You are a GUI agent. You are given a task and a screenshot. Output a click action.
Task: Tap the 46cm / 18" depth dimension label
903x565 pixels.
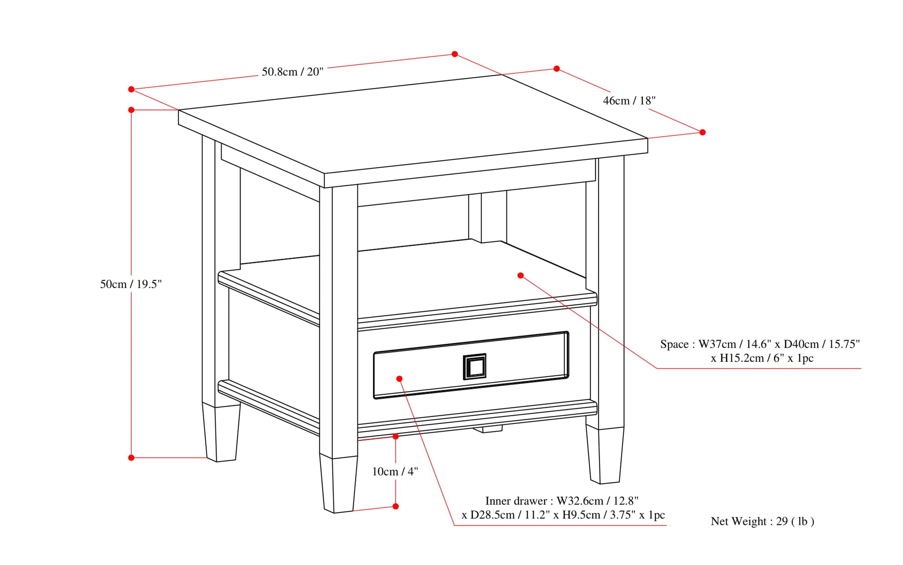pyautogui.click(x=629, y=100)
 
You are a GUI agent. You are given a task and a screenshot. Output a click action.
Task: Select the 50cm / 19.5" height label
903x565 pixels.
pyautogui.click(x=131, y=284)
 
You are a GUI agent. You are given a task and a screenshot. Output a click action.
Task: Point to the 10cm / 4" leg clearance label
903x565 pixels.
pyautogui.click(x=395, y=472)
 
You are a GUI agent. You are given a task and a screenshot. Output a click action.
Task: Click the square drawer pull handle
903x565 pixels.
pyautogui.click(x=474, y=367)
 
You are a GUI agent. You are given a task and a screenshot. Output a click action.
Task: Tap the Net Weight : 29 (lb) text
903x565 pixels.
pyautogui.click(x=762, y=521)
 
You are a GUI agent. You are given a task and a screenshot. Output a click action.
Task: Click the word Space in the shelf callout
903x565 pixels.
pyautogui.click(x=674, y=344)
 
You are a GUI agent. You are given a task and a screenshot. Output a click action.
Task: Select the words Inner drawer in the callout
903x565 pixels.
pyautogui.click(x=516, y=501)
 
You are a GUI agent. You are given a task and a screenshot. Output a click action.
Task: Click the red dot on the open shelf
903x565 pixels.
pyautogui.click(x=521, y=275)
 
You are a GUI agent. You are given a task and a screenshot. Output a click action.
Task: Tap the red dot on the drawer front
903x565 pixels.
pyautogui.click(x=399, y=379)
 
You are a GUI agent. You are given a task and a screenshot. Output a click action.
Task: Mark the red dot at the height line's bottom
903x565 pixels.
pyautogui.click(x=131, y=458)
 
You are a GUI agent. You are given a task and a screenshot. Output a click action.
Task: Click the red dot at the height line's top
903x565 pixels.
pyautogui.click(x=131, y=110)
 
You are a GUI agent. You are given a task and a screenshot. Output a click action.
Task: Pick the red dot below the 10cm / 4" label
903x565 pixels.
pyautogui.click(x=396, y=506)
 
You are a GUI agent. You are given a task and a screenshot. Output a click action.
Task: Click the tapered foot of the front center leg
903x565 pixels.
pyautogui.click(x=338, y=484)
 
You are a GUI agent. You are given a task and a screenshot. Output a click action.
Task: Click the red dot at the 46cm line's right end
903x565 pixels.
pyautogui.click(x=703, y=132)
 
